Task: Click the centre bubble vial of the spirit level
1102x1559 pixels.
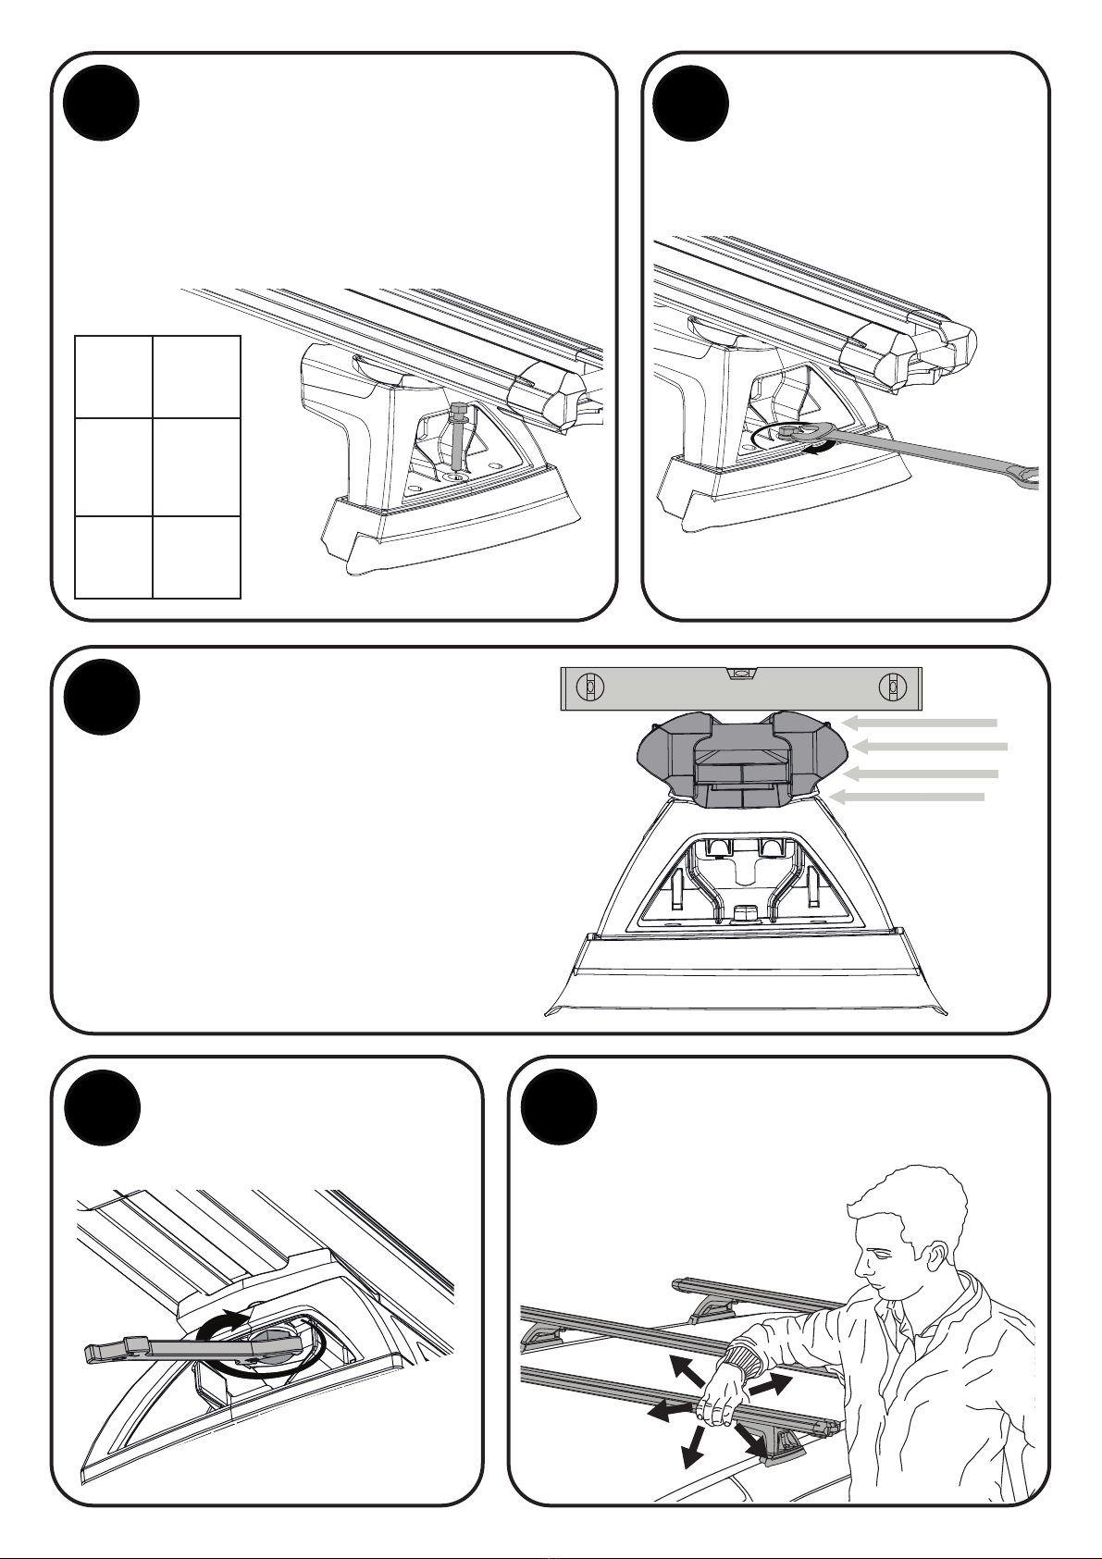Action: tap(739, 674)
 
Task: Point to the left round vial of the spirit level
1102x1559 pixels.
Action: tap(587, 687)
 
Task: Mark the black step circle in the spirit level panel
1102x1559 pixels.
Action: tap(102, 697)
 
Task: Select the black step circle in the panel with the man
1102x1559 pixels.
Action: tap(559, 1107)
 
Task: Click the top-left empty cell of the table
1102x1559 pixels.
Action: tap(113, 377)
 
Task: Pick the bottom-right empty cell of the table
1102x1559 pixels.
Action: tap(196, 557)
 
